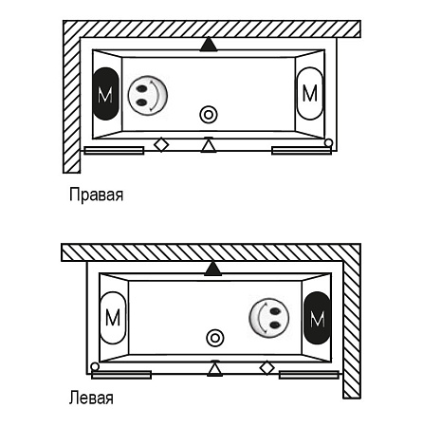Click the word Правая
[x=96, y=195]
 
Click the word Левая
[x=91, y=398]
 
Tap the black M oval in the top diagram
[x=106, y=94]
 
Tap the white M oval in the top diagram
[x=310, y=93]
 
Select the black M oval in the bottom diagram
[x=317, y=318]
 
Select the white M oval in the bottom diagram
[x=113, y=318]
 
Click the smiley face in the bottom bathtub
[x=269, y=318]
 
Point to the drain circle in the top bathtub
[x=209, y=115]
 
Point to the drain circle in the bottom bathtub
[x=215, y=338]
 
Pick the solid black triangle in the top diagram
[x=209, y=45]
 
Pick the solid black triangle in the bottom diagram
[x=213, y=269]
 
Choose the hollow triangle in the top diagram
[x=209, y=145]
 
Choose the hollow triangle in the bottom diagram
[x=215, y=368]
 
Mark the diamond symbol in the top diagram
[x=161, y=145]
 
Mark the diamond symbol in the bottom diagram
[x=267, y=368]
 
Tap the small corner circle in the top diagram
[x=329, y=143]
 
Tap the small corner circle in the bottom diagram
[x=95, y=367]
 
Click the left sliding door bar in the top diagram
[x=114, y=151]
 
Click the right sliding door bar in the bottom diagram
[x=309, y=375]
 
